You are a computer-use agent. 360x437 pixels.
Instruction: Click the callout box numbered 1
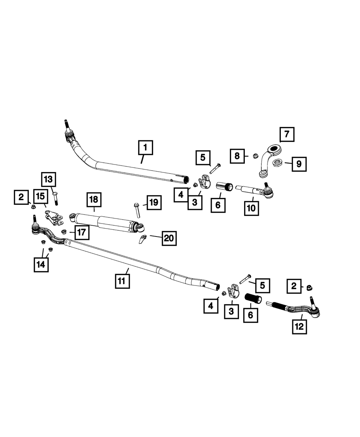point(145,147)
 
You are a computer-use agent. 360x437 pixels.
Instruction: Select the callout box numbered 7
point(287,135)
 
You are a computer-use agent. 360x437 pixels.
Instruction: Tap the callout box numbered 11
point(122,281)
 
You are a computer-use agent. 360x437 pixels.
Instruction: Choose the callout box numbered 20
point(169,238)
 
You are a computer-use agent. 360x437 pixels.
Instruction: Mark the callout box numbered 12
point(300,327)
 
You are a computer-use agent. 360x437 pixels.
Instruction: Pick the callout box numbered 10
point(251,208)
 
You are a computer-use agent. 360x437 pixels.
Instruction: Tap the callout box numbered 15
point(41,197)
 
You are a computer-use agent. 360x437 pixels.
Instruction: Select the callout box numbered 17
point(82,232)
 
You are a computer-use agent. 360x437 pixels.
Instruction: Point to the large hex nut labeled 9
point(277,163)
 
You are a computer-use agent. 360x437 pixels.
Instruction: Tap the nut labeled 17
point(64,231)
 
